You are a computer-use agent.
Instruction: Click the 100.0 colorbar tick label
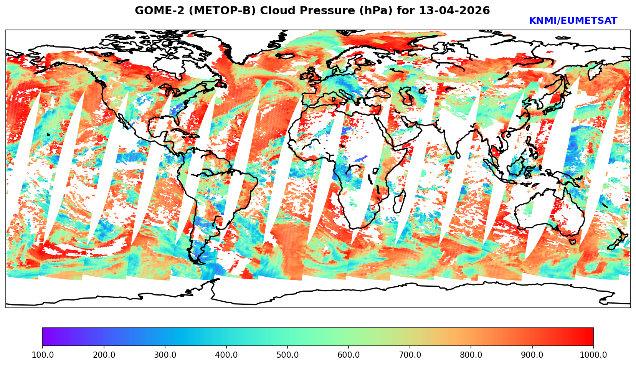pyautogui.click(x=43, y=355)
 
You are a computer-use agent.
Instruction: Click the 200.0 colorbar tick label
pyautogui.click(x=104, y=355)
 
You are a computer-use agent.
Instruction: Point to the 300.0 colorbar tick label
pyautogui.click(x=165, y=355)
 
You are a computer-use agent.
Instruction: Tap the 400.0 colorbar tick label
pyautogui.click(x=226, y=355)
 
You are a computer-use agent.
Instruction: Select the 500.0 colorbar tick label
pyautogui.click(x=287, y=355)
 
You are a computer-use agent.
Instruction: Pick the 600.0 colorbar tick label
pyautogui.click(x=349, y=355)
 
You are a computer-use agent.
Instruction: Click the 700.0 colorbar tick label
pyautogui.click(x=410, y=355)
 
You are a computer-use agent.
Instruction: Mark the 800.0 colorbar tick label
pyautogui.click(x=471, y=355)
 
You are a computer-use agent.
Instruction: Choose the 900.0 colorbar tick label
pyautogui.click(x=532, y=355)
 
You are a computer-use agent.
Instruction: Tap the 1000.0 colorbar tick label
pyautogui.click(x=593, y=355)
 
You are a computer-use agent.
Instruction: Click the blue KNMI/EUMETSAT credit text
pyautogui.click(x=573, y=21)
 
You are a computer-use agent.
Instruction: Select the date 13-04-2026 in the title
pyautogui.click(x=454, y=11)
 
